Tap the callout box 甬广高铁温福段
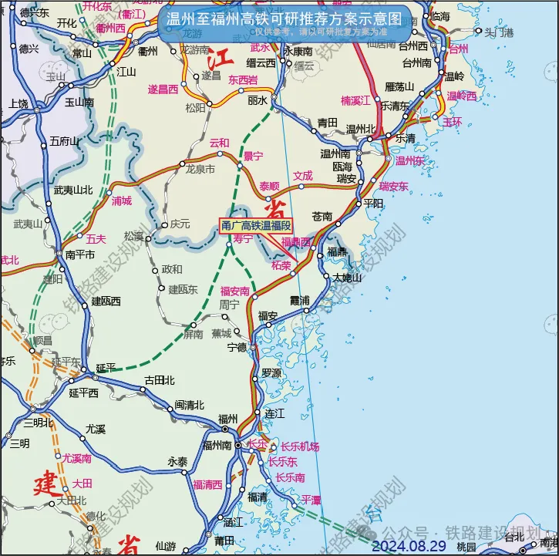257,226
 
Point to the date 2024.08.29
409,546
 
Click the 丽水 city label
258,101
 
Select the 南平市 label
79,254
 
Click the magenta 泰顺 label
269,186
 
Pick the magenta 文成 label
303,176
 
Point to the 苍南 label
322,216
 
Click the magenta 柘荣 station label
281,265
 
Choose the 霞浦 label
298,299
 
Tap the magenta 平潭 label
311,500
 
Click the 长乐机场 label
299,447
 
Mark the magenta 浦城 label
122,200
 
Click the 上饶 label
19,103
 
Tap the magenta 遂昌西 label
163,89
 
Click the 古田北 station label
160,380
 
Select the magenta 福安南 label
235,291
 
